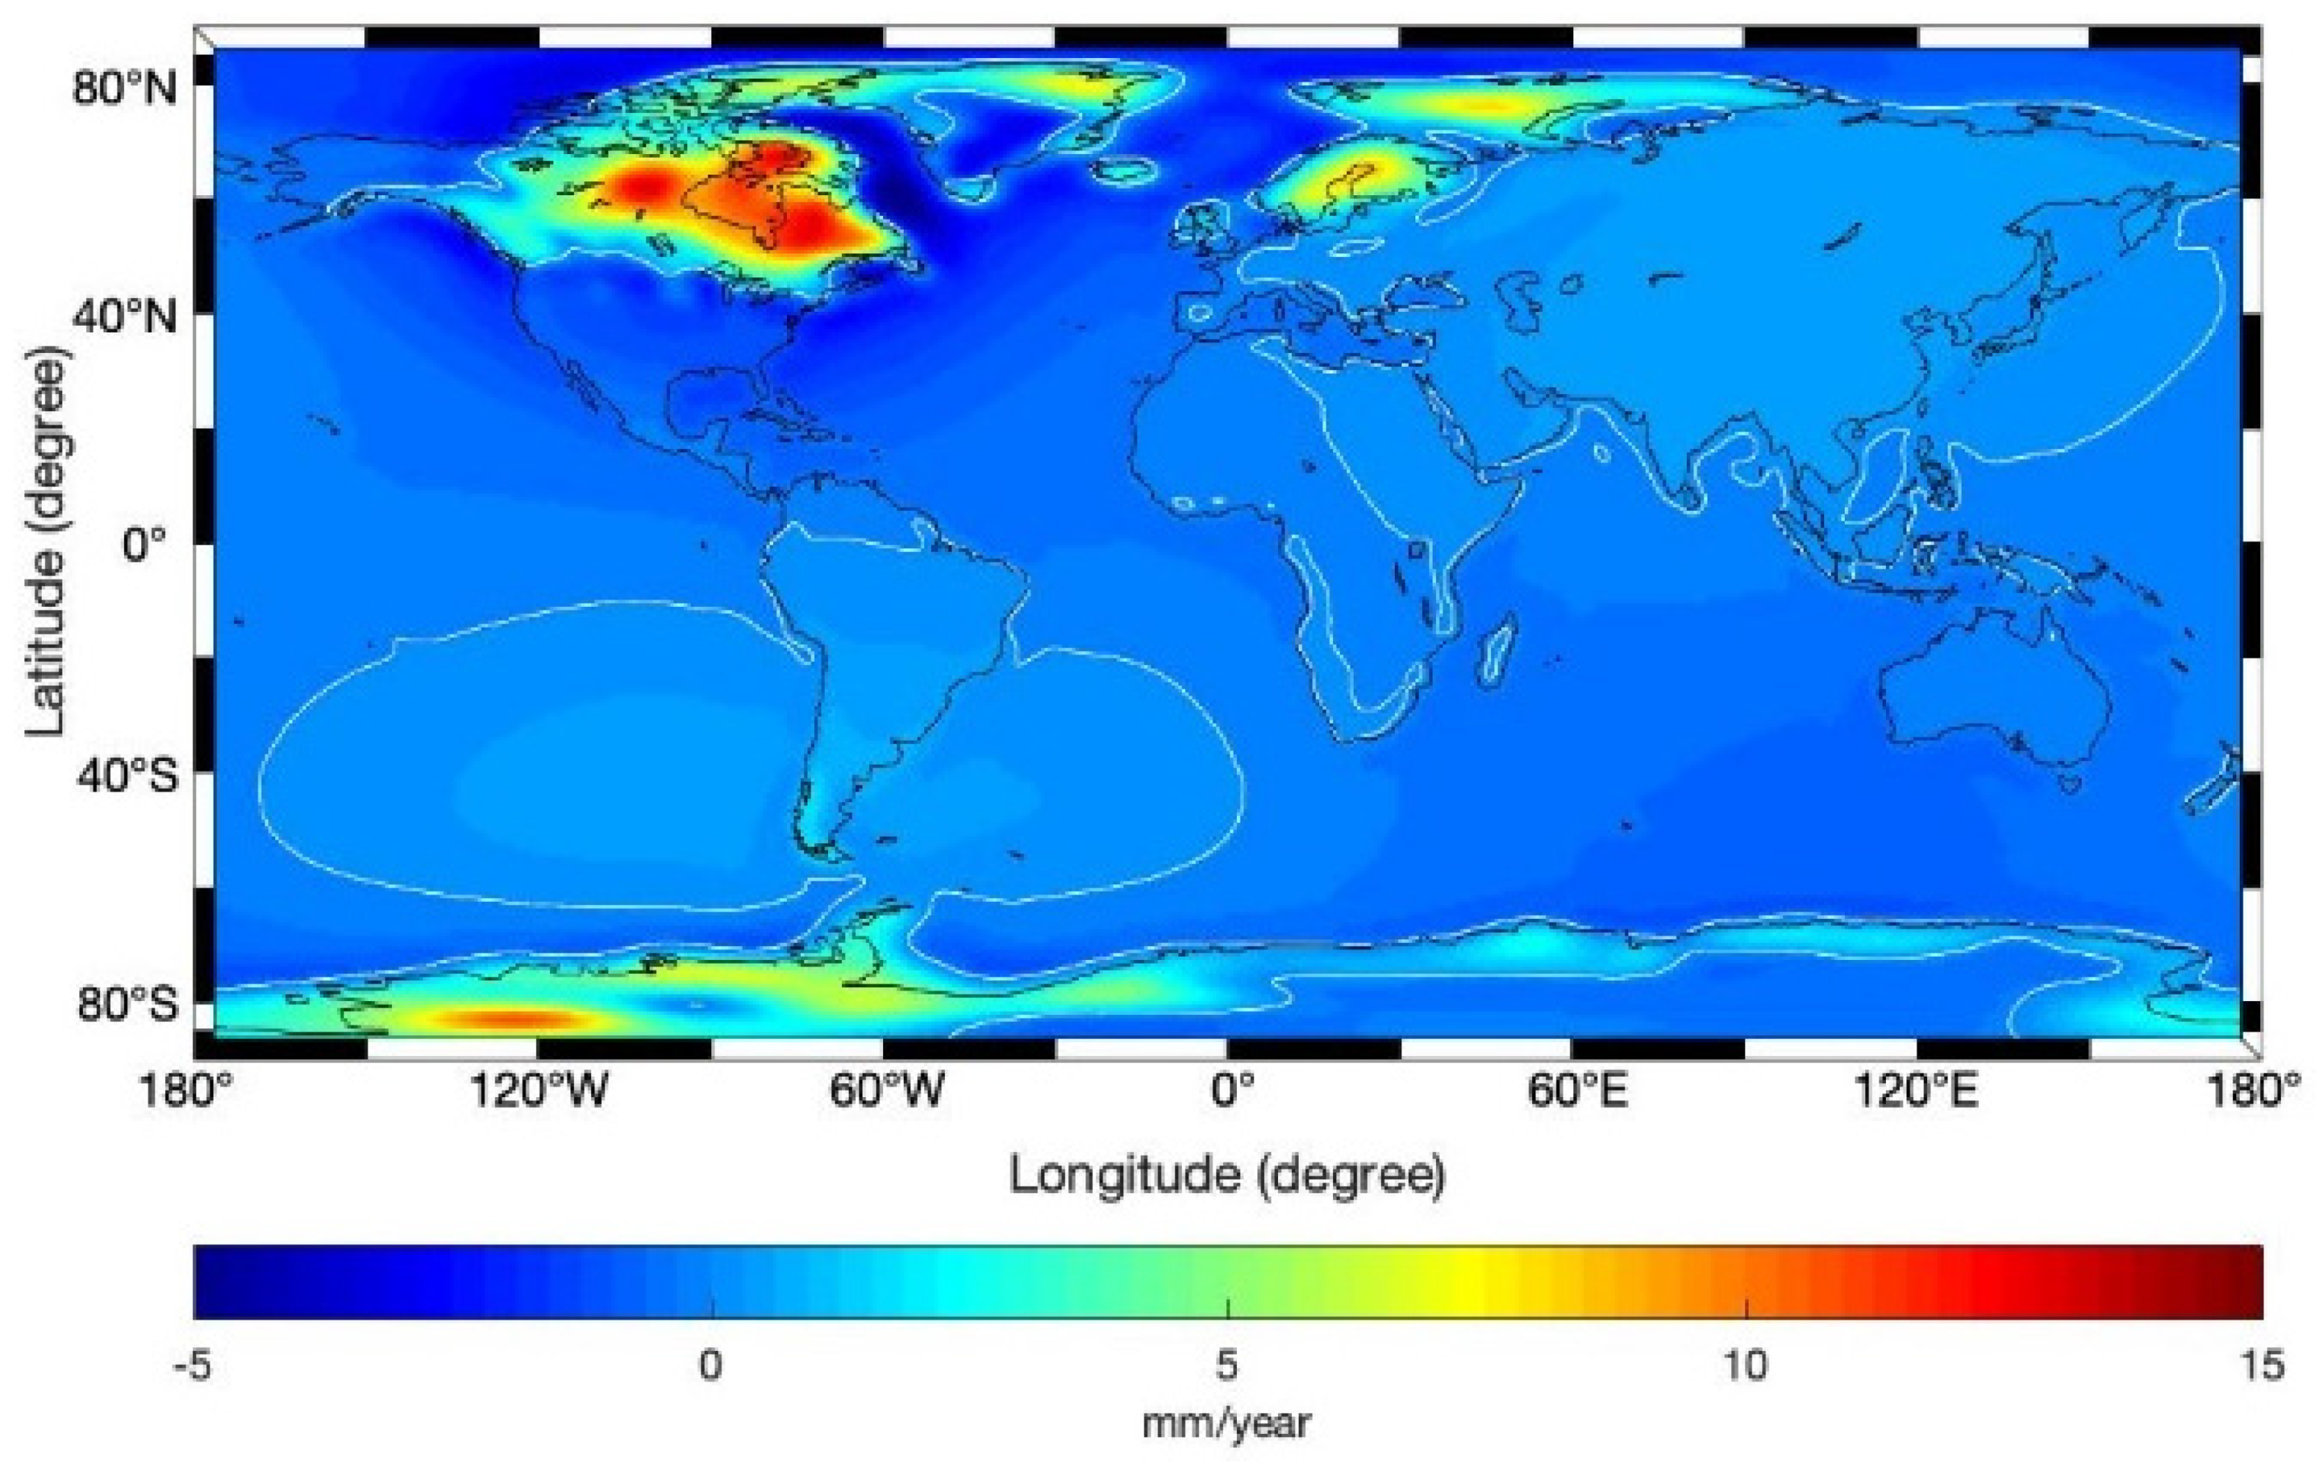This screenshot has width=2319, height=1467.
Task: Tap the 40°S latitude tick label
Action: tap(127, 775)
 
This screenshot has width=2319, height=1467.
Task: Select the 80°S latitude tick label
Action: tap(127, 1005)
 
